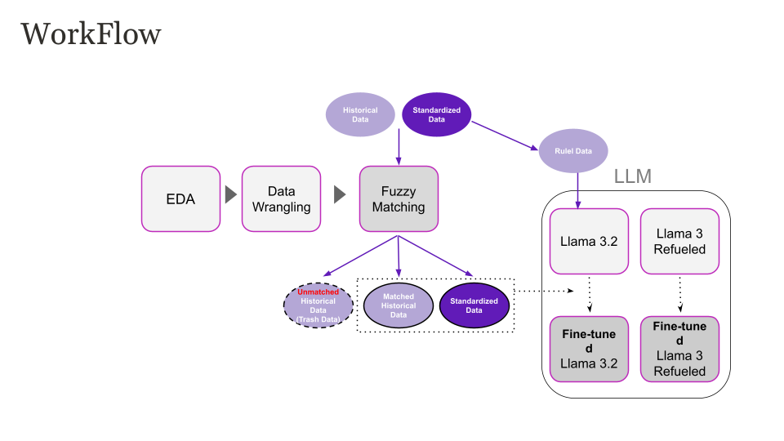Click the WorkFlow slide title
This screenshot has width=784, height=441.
[91, 34]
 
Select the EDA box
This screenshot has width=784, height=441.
[180, 198]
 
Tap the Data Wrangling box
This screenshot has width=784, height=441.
[281, 199]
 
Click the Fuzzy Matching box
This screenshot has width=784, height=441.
[399, 199]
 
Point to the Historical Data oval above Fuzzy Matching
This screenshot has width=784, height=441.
[359, 114]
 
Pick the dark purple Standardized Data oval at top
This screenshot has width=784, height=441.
[437, 114]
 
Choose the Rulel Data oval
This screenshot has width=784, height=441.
[573, 151]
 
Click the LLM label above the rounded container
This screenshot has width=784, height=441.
[632, 176]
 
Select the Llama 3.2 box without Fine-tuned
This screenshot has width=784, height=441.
[589, 241]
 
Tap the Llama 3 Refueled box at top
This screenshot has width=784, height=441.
[679, 241]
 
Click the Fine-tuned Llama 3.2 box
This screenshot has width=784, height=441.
[589, 349]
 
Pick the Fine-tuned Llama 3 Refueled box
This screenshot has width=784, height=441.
[679, 349]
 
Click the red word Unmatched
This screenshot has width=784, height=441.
[318, 292]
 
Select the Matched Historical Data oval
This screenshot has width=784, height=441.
[399, 305]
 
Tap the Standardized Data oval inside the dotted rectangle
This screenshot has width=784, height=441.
[474, 305]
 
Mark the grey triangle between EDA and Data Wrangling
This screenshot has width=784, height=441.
[231, 195]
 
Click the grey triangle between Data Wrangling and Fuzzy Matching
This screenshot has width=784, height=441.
[339, 195]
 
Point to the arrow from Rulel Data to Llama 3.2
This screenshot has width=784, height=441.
[579, 190]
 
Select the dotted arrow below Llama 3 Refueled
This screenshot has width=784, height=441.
[680, 294]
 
